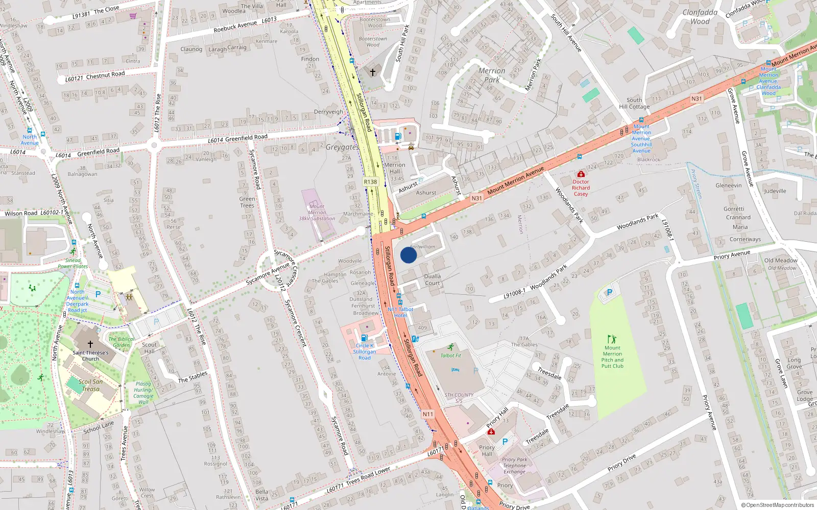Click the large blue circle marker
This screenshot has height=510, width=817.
coord(408,255)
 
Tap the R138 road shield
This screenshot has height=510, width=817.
coord(370,182)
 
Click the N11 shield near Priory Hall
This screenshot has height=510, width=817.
coord(428,414)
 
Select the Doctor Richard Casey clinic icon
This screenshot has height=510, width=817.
coord(581,174)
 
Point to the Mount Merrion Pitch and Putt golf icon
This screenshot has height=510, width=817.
coord(612,339)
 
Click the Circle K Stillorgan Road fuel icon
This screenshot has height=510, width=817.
coord(364,338)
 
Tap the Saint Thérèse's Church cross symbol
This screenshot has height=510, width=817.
coord(90,344)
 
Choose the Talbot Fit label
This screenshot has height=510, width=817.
coord(451,355)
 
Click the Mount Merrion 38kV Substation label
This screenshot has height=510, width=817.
coord(317,213)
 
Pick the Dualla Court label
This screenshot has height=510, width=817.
coord(432,279)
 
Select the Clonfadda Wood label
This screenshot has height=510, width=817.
coord(700,17)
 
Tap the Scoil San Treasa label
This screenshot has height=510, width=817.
coord(91,385)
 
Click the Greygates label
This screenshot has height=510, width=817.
coord(342,147)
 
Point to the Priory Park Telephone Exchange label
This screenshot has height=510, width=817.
coord(514,466)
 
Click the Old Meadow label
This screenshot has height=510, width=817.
coord(781,260)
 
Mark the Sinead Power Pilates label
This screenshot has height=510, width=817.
coord(73,263)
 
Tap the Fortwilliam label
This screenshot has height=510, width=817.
coord(423,247)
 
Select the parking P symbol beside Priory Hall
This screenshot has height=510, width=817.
coord(505,442)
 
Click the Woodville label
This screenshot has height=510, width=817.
coord(350,261)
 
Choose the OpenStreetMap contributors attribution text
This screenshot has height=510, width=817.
coord(778,505)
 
